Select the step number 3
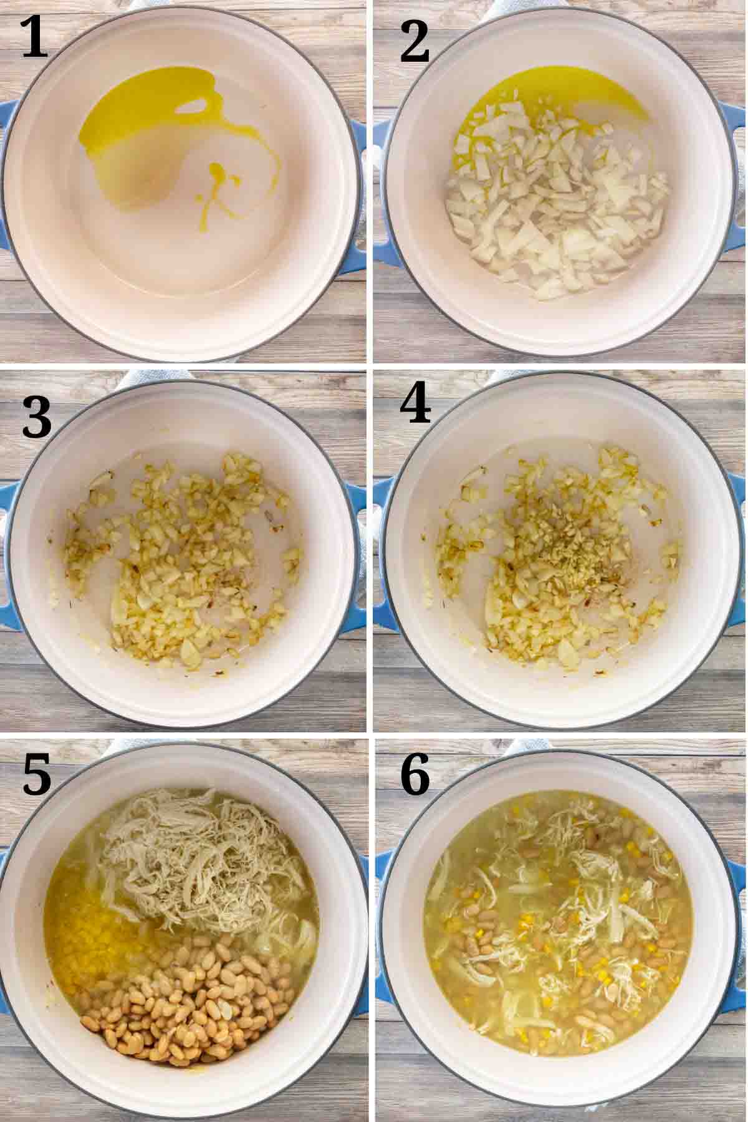coord(36,417)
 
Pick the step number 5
coord(37,774)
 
